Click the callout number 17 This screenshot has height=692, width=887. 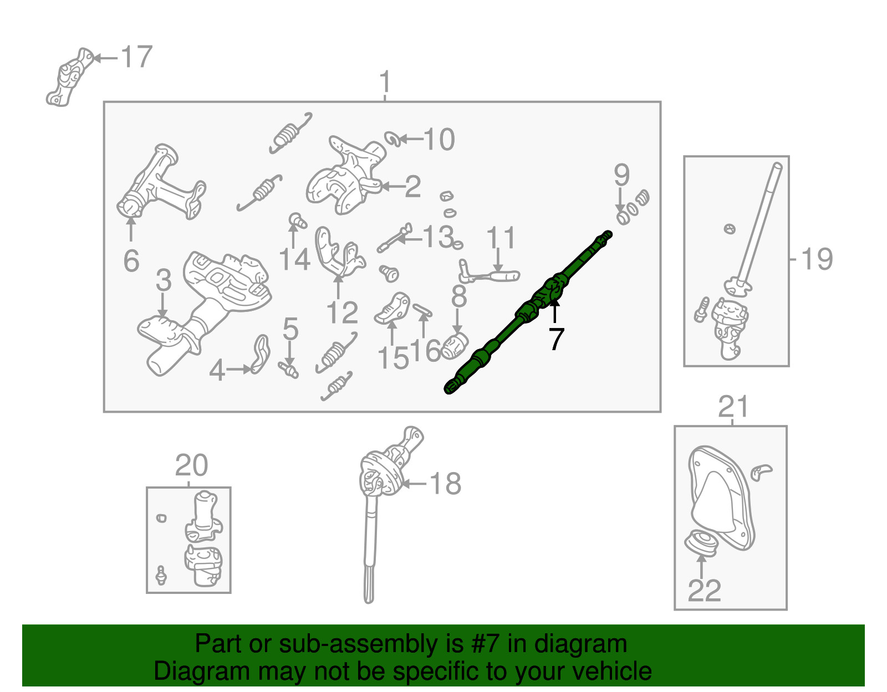coord(136,57)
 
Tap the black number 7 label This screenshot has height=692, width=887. coord(556,339)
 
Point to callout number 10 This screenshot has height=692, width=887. coord(439,139)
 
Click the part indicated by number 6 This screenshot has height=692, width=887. coord(161,183)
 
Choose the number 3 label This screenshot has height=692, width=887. coord(164,280)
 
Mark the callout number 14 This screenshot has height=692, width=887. coord(294,259)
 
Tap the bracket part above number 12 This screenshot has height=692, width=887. coord(338,253)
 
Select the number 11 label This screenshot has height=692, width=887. coord(501,238)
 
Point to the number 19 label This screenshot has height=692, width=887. coord(817,259)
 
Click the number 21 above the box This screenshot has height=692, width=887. coord(733,407)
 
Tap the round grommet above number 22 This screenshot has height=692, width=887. coord(702,542)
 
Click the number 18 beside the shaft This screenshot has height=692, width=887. coord(445,484)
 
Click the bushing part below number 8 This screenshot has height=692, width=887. coord(456,346)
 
